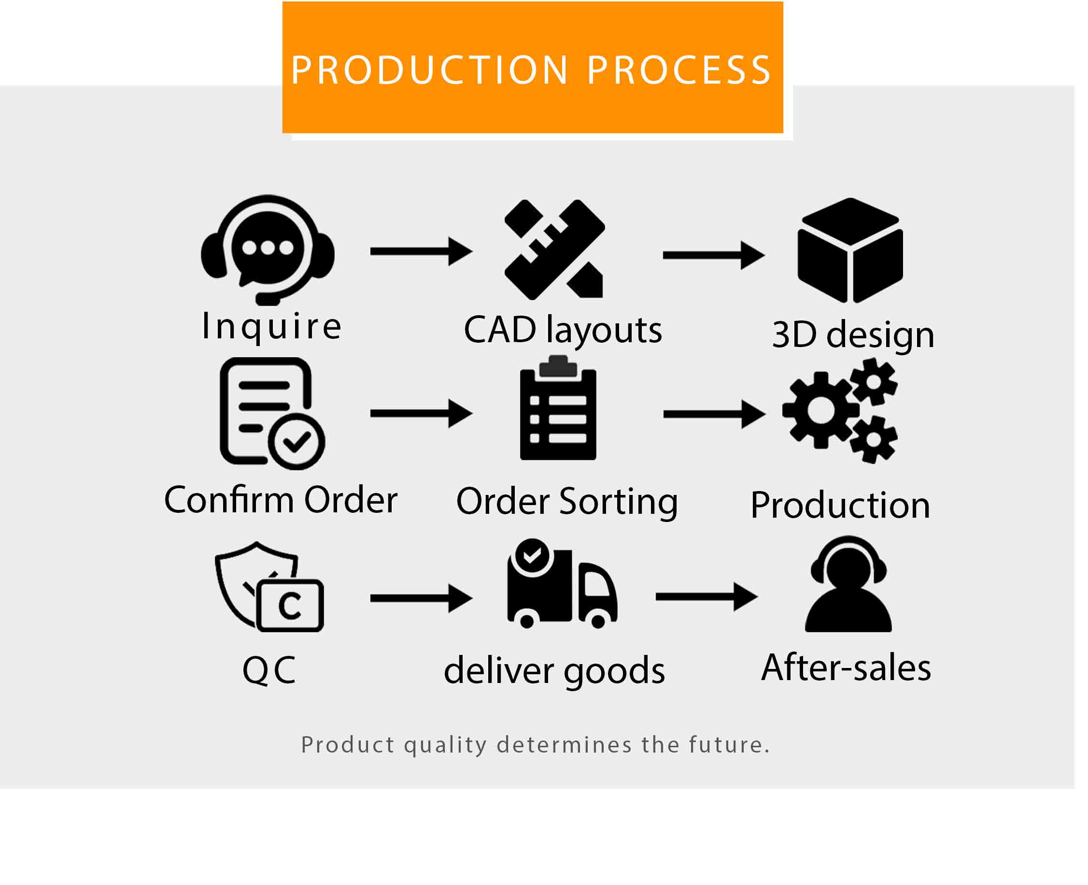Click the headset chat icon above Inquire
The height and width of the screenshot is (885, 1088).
click(268, 250)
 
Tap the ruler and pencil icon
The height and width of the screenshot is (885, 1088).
click(555, 249)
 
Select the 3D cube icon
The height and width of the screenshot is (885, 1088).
click(849, 250)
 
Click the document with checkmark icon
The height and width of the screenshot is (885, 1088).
click(271, 413)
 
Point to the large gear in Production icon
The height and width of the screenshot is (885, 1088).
click(820, 410)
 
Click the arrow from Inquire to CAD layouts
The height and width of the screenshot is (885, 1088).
click(421, 251)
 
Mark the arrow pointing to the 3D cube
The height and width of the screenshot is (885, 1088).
click(713, 255)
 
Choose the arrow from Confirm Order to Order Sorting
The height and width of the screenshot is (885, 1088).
click(421, 413)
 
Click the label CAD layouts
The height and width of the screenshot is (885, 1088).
click(563, 330)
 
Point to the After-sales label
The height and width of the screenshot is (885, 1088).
click(846, 668)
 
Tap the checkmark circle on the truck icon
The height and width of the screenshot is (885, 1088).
click(532, 555)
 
